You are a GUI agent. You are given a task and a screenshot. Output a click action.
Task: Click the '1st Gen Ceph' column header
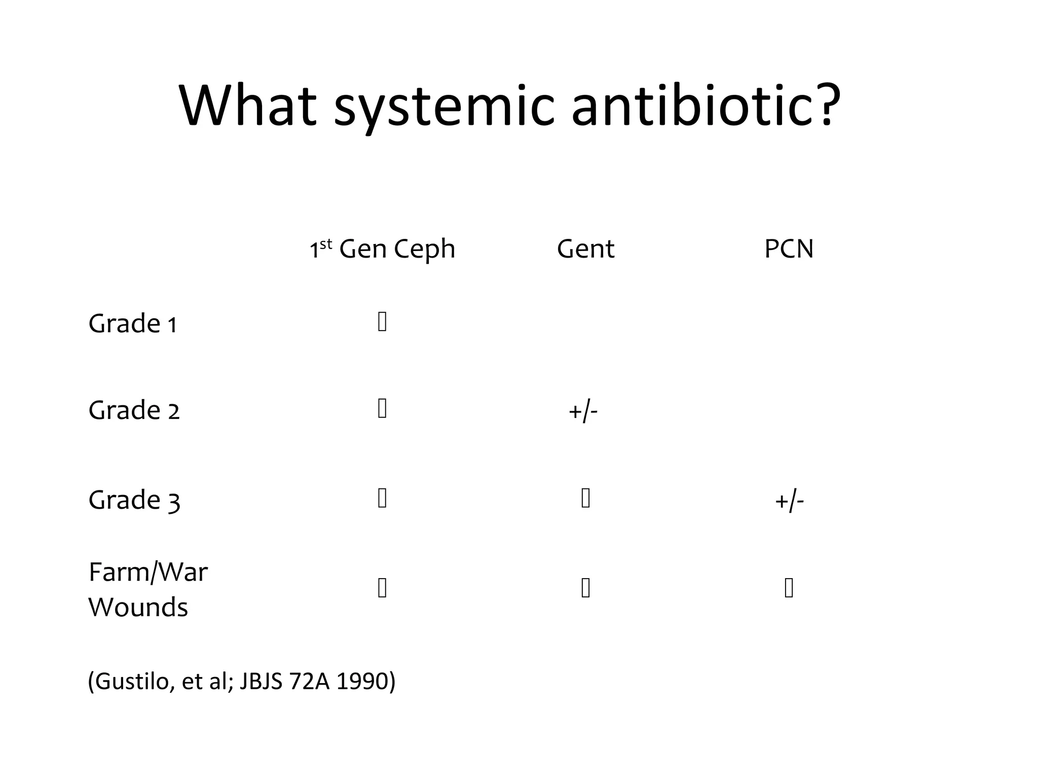point(382,249)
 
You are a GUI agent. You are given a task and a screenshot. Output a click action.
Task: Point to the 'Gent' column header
point(585,249)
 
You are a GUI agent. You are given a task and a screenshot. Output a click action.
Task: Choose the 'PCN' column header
point(789,249)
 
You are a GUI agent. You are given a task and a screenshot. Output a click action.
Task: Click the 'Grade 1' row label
point(133,323)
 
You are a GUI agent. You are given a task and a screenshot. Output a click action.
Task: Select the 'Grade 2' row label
point(134,410)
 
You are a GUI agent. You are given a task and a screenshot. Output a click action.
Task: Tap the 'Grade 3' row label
point(134,500)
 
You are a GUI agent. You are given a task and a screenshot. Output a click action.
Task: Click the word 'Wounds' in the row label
point(138,607)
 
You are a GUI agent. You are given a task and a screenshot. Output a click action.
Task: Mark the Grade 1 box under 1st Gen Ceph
point(382,322)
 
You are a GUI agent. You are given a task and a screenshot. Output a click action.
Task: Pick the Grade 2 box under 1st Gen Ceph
point(382,408)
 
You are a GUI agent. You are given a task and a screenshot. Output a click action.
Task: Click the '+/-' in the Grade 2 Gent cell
point(583,411)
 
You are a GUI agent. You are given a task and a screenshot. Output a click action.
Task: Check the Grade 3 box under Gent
point(585,498)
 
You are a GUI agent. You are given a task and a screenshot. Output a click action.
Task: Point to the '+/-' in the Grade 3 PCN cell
point(789,501)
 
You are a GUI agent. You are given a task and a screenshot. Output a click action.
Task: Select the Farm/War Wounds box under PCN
point(789,588)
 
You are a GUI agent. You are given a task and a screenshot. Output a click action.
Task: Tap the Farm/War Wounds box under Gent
point(585,588)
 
